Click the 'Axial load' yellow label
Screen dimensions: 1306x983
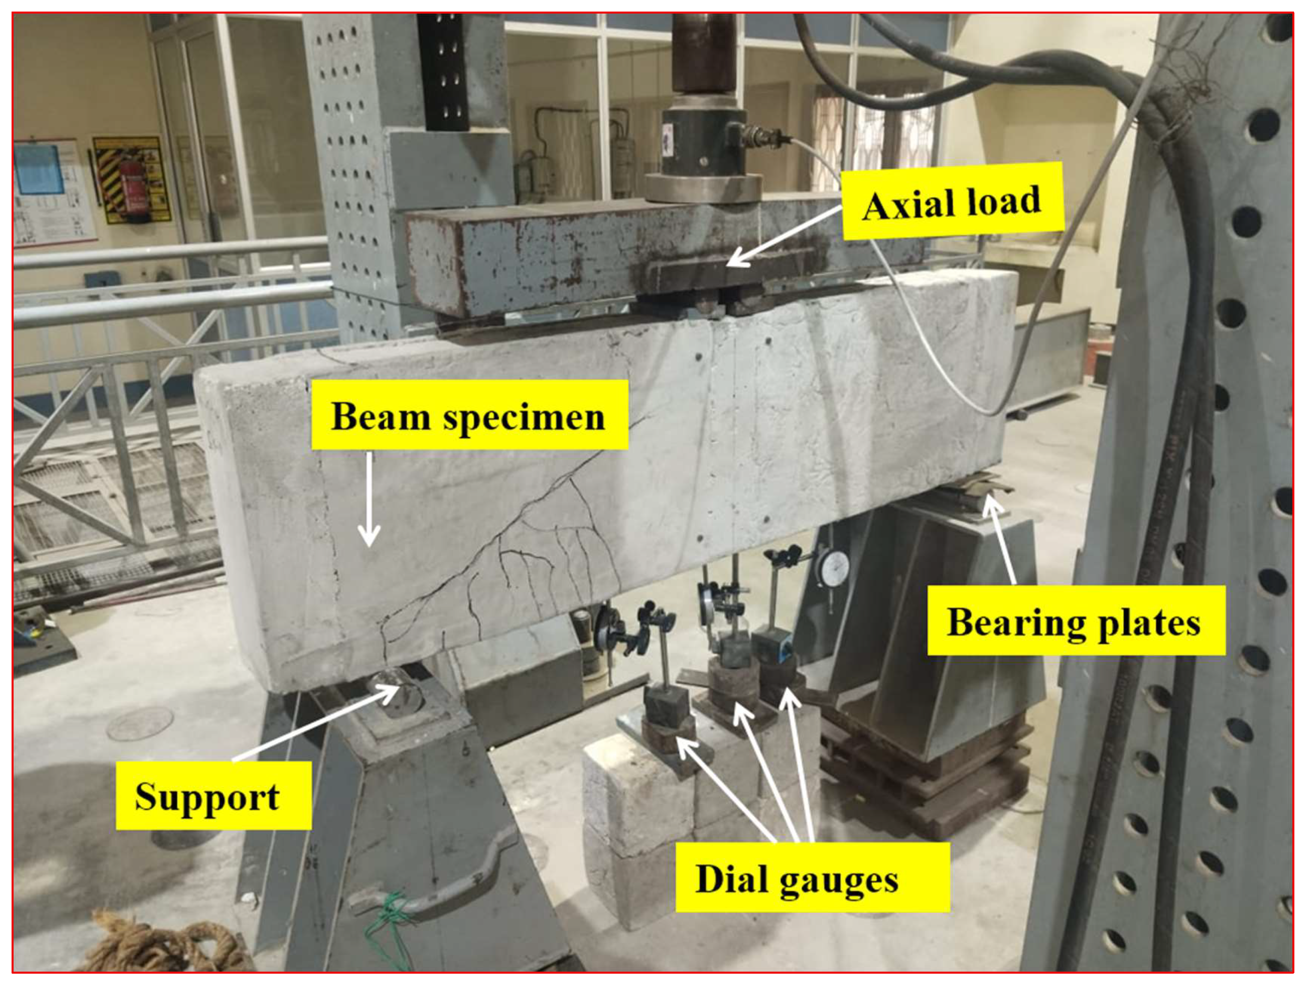click(952, 202)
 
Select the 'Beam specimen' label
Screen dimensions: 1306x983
click(469, 416)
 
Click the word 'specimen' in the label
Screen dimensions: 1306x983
click(525, 417)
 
